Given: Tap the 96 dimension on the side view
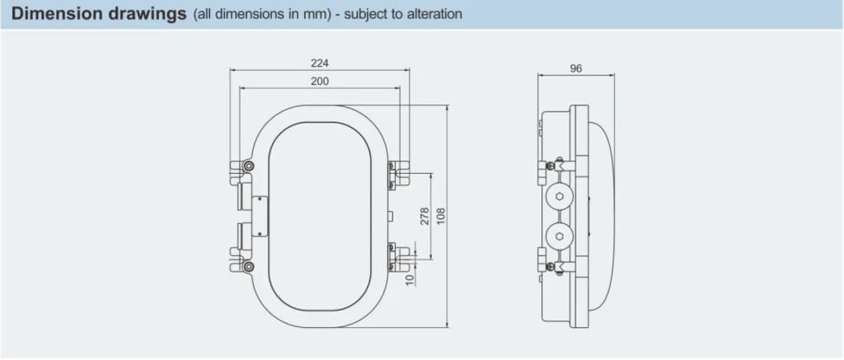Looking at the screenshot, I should coord(575,69).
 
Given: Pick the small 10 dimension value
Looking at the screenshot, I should coord(410,278).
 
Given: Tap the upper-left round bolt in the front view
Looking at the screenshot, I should coord(248,168).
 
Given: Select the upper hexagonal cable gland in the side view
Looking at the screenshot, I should coord(559,196).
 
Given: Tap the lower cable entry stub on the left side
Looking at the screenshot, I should coord(240,236).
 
